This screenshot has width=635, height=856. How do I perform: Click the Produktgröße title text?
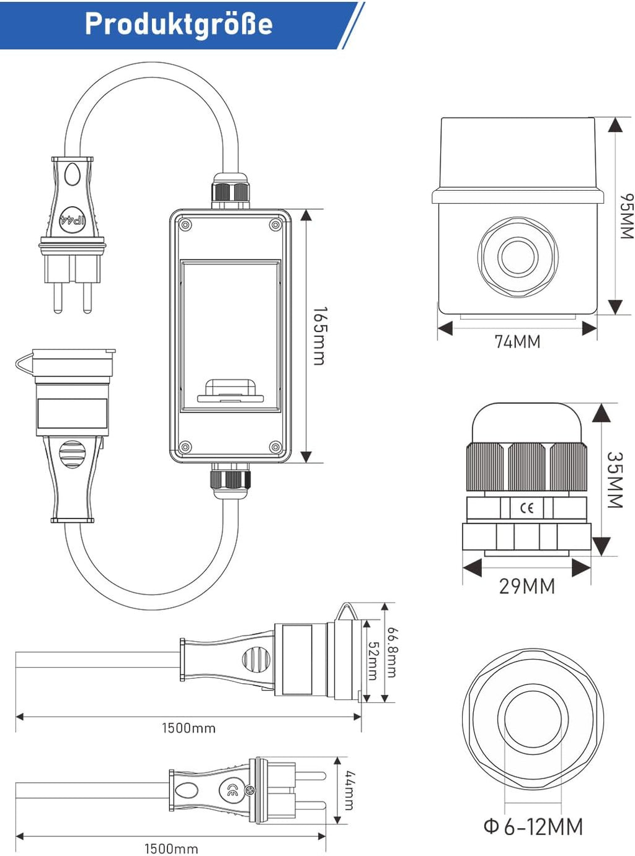tap(179, 24)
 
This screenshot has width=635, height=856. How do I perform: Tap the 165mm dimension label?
tap(319, 336)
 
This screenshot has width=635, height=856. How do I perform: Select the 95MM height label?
tap(627, 216)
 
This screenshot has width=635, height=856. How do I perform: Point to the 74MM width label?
tap(517, 341)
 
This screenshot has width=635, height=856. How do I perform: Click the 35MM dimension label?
tap(614, 480)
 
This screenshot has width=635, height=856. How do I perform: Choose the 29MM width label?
tap(526, 586)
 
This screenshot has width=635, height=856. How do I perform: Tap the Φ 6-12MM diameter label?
tap(533, 827)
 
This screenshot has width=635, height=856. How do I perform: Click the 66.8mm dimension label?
tap(392, 652)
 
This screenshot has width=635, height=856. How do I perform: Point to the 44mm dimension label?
tap(349, 790)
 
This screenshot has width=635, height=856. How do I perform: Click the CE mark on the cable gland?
tap(526, 509)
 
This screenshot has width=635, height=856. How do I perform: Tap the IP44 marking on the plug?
tap(72, 220)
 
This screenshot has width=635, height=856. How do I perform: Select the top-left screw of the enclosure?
tap(184, 225)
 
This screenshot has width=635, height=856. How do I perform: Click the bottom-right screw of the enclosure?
tap(275, 447)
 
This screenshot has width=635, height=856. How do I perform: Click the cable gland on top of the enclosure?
tap(231, 192)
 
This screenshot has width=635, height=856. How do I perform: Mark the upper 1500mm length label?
tap(189, 728)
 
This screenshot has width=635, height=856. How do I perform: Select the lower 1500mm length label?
tap(171, 849)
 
